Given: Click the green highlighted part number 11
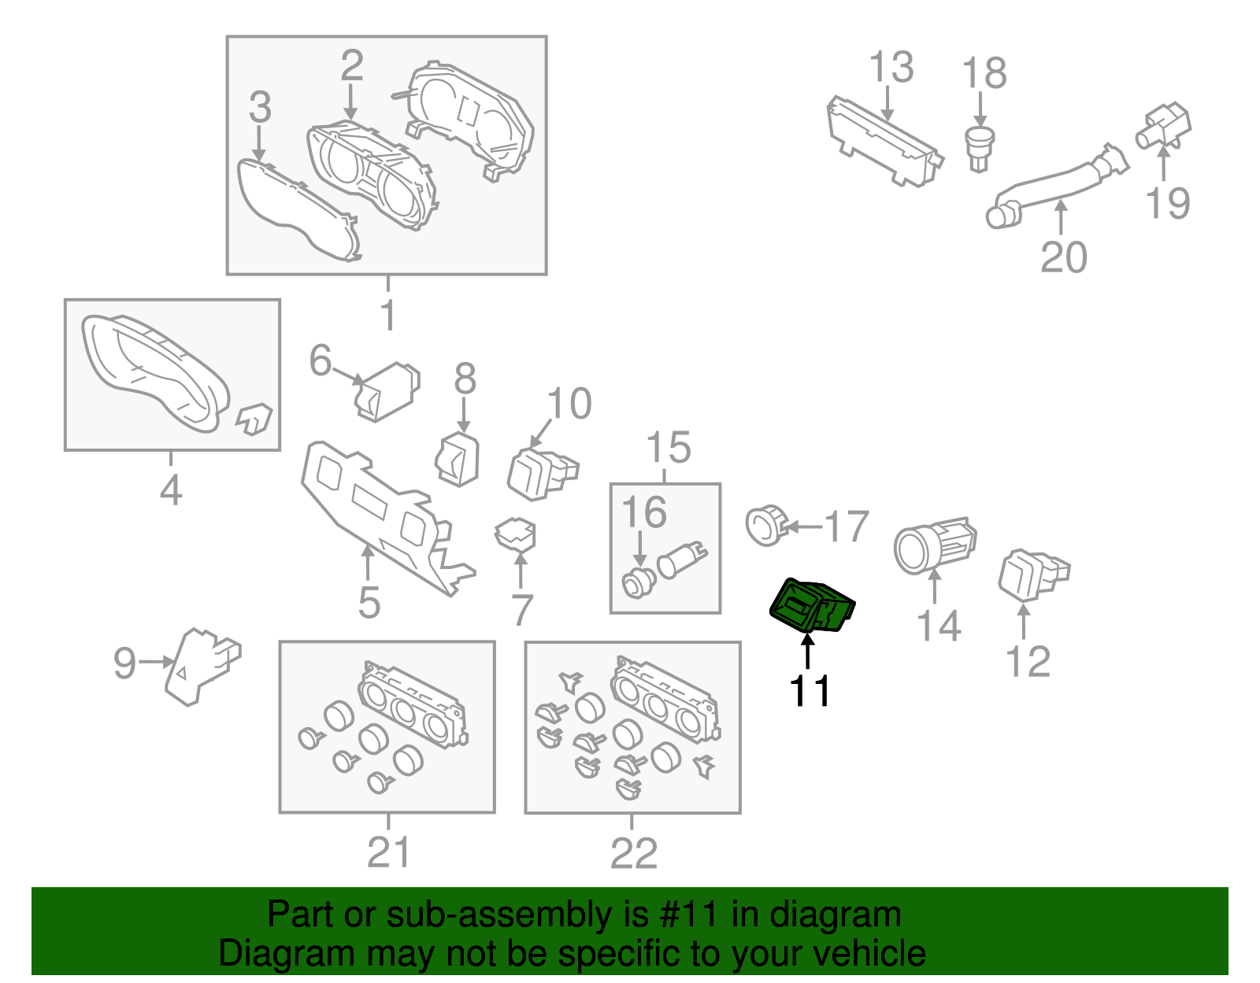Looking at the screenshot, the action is click(812, 605).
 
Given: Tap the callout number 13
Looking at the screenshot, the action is click(891, 66).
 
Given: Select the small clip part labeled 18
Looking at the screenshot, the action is click(980, 150).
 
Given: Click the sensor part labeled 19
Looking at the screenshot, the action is click(1162, 127).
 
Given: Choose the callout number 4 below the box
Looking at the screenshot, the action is click(170, 490).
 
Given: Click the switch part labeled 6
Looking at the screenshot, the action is click(387, 392).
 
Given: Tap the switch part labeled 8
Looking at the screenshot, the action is click(458, 460).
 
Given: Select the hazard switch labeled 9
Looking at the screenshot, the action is click(201, 666).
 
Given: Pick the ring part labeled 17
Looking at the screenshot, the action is click(766, 526).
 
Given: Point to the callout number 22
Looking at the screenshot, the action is click(633, 852).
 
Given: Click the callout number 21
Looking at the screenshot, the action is click(388, 852).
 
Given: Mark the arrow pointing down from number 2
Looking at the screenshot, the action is click(350, 102).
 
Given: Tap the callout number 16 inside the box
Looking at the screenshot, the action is click(643, 512).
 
